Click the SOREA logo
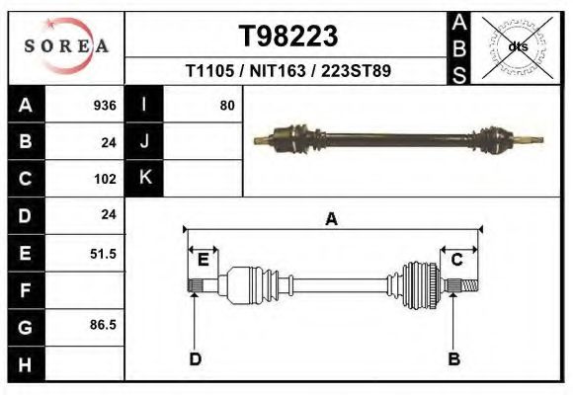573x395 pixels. (65, 46)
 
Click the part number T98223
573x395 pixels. (289, 37)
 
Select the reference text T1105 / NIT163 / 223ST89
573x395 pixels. (289, 71)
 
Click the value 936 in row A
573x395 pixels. (105, 106)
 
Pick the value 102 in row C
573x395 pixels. (105, 180)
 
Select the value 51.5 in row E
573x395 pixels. (103, 254)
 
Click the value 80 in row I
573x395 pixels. (227, 105)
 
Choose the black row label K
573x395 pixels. (144, 178)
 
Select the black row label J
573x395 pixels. (144, 141)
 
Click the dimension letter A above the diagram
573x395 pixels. (331, 218)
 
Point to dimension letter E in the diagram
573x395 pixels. (203, 260)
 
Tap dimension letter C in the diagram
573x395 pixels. (457, 260)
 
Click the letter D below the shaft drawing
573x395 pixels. (195, 359)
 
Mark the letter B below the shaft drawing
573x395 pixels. (454, 359)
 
